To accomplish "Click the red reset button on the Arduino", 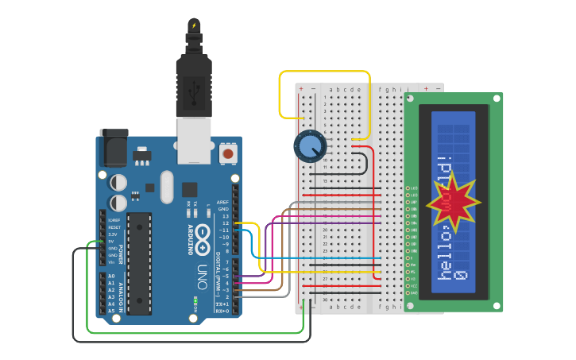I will [x=228, y=153].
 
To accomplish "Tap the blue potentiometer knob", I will [x=309, y=146].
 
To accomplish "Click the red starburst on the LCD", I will [x=453, y=203].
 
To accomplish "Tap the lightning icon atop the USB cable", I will [x=194, y=25].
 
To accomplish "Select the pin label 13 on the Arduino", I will [x=225, y=216].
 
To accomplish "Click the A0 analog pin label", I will [x=110, y=276].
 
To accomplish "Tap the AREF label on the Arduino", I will [x=222, y=202].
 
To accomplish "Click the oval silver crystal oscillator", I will [x=166, y=187].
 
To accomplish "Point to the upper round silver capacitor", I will [x=118, y=183].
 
